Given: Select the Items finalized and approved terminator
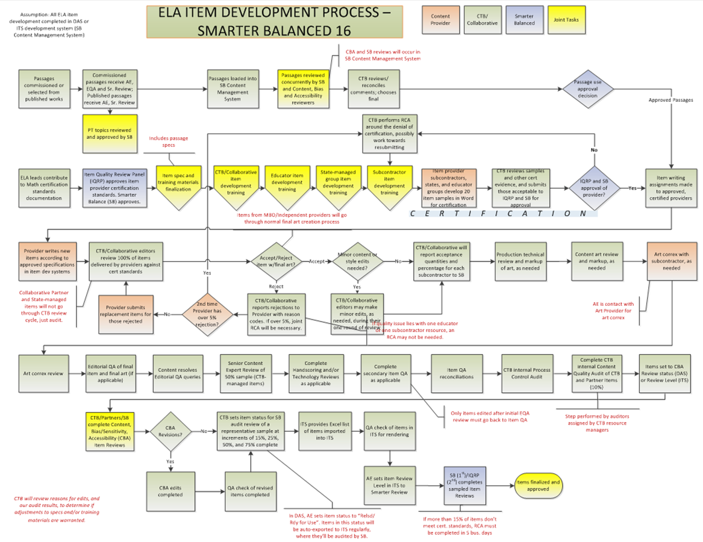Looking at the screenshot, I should click(x=537, y=485).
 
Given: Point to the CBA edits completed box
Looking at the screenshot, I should click(x=170, y=491).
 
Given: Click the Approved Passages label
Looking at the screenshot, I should click(x=670, y=100).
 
